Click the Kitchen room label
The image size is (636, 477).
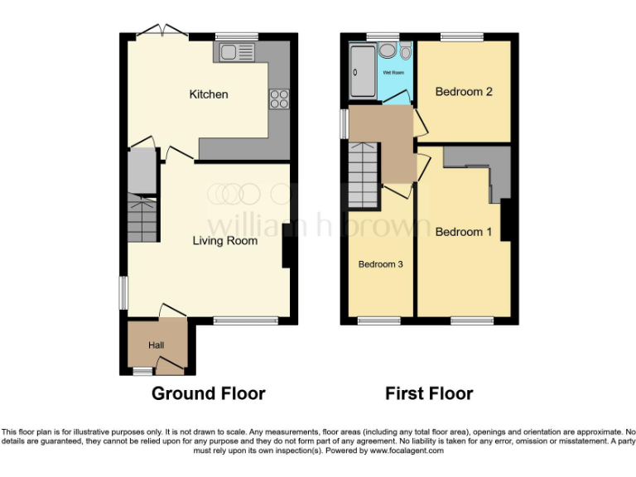pos(209,94)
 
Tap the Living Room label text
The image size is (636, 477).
pos(225,241)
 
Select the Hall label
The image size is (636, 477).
pos(157,344)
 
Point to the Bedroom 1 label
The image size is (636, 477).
pos(464,232)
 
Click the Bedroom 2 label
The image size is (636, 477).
pos(464,92)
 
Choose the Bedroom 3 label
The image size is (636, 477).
pos(380,264)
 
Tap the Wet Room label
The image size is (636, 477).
pos(393,73)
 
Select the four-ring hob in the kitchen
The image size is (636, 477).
pos(278,99)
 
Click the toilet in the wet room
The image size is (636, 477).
pos(404,52)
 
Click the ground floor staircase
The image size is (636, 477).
pos(142,219)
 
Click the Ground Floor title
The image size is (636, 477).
pos(208,393)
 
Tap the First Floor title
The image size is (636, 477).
pos(429,393)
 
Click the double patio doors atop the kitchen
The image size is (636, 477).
pos(162,31)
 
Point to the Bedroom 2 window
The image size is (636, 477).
pos(461,36)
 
